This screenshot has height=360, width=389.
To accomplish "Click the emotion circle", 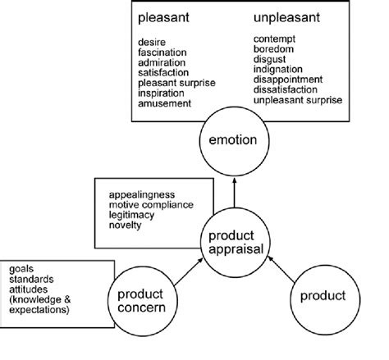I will [233, 140].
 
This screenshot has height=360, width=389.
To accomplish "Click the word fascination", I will [164, 51].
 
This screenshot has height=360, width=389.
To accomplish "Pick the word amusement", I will [166, 104].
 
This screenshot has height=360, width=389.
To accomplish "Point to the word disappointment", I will [289, 80].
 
